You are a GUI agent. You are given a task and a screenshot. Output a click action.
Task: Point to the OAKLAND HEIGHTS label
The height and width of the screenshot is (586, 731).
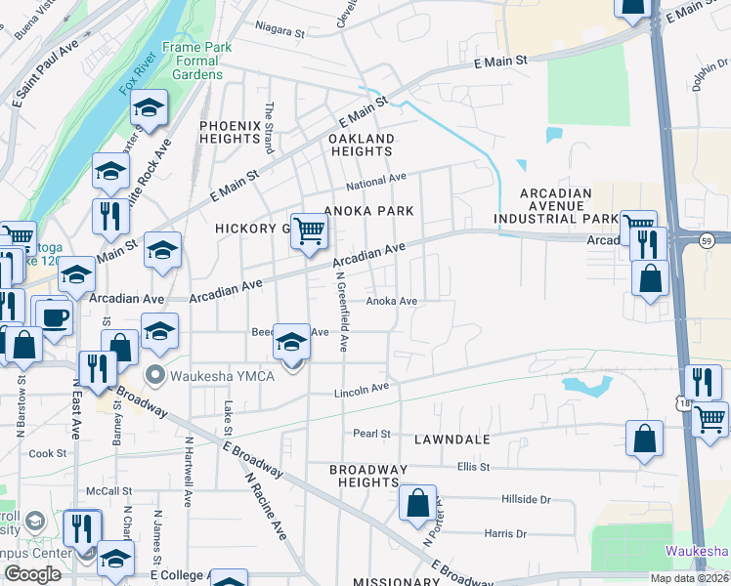tap(362, 145)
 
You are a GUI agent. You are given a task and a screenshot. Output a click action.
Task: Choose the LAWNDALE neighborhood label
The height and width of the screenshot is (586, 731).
tap(451, 439)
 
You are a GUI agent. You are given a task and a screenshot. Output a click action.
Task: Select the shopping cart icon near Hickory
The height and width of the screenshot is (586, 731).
tap(309, 231)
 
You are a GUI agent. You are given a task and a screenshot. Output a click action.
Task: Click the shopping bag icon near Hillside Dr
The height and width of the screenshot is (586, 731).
tap(417, 504)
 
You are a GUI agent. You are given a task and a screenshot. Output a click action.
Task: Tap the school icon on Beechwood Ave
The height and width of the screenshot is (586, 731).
tap(290, 342)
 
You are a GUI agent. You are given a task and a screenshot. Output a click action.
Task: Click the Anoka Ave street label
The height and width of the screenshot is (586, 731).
tap(392, 302)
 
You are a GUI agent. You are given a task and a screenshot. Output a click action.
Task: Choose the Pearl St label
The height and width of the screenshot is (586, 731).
tap(371, 433)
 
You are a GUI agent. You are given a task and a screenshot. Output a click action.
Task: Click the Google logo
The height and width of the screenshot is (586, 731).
tap(33, 574)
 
